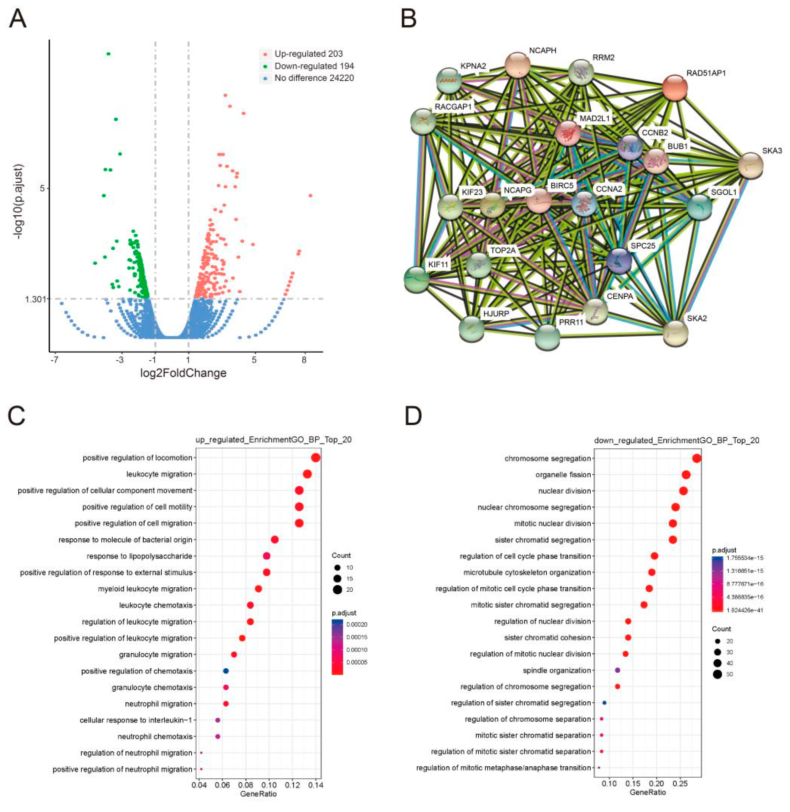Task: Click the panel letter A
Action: pyautogui.click(x=17, y=19)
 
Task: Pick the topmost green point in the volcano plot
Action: pyautogui.click(x=109, y=54)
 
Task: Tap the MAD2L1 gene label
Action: pyautogui.click(x=594, y=118)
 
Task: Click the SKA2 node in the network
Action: pyautogui.click(x=675, y=333)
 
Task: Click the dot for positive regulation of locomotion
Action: pyautogui.click(x=315, y=458)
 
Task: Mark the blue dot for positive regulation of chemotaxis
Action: pyautogui.click(x=226, y=671)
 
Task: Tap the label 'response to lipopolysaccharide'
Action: pyautogui.click(x=140, y=556)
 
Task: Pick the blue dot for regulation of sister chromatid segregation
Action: pyautogui.click(x=604, y=703)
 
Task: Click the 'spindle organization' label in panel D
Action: pyautogui.click(x=556, y=670)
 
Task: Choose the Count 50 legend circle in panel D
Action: pyautogui.click(x=717, y=674)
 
